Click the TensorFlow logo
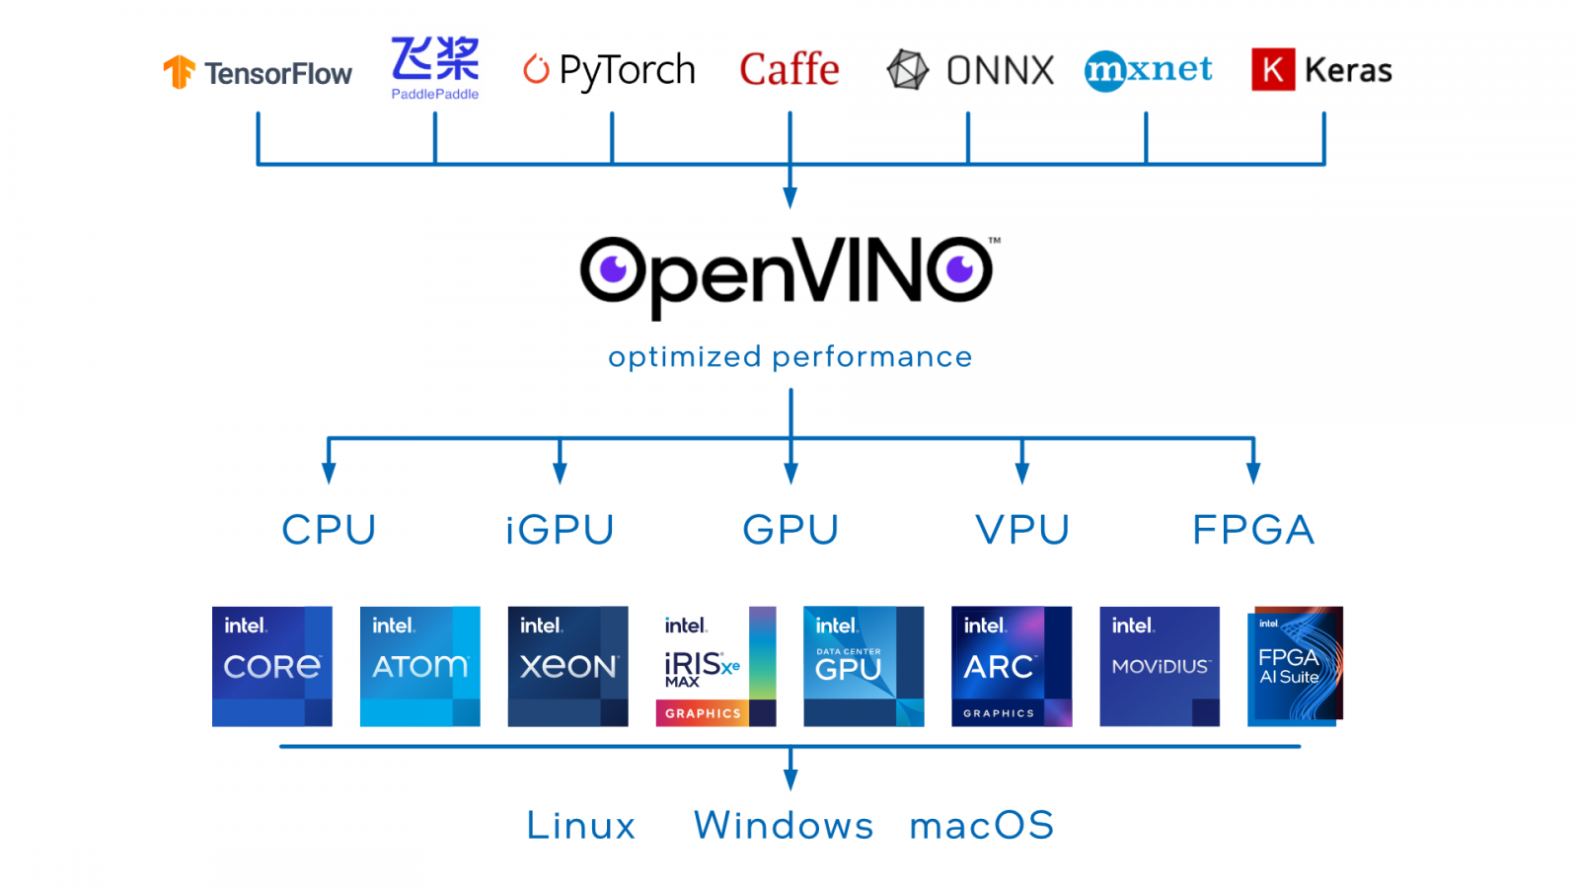click(257, 72)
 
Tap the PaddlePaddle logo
click(435, 67)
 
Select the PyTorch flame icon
click(536, 69)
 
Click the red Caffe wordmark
click(789, 70)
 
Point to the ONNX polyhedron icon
click(907, 70)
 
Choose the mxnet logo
click(1148, 70)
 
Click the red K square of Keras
click(1272, 70)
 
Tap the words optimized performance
click(789, 356)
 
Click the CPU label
click(329, 530)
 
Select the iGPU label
click(560, 530)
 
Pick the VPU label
click(1022, 530)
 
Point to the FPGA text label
click(1253, 530)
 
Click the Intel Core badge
click(271, 666)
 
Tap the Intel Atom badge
click(419, 666)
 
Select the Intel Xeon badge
click(567, 666)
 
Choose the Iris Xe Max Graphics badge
click(715, 666)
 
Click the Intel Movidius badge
click(1160, 666)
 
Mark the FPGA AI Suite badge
click(1295, 666)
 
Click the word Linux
click(580, 825)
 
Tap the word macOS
click(982, 825)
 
